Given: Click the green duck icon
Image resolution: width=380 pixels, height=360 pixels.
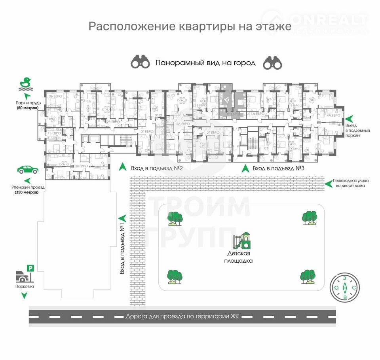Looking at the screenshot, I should [x=25, y=82].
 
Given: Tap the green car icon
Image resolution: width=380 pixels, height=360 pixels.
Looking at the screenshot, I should [x=28, y=170].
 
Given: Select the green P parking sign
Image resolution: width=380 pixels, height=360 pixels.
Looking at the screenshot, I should [x=31, y=268].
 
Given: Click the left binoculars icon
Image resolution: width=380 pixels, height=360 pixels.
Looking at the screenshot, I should [x=141, y=62].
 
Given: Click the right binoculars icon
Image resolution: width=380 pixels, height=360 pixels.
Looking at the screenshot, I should [x=272, y=62].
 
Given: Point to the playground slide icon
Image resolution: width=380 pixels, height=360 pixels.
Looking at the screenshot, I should [x=242, y=241].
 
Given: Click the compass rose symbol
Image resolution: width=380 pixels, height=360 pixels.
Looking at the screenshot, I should [x=345, y=288].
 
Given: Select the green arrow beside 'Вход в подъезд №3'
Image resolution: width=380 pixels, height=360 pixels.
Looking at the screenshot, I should [x=245, y=168].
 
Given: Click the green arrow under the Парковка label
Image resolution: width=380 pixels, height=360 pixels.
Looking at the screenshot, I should [x=25, y=295].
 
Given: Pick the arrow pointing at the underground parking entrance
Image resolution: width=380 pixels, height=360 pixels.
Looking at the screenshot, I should [x=349, y=118].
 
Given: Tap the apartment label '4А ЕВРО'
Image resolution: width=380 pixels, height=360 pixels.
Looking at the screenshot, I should [x=334, y=115].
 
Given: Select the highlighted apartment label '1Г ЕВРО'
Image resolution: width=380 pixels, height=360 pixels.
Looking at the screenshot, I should [x=233, y=114].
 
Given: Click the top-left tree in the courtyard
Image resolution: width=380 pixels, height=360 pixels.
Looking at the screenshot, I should [x=175, y=218].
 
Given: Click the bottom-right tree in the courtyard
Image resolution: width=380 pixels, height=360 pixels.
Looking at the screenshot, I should [x=308, y=276].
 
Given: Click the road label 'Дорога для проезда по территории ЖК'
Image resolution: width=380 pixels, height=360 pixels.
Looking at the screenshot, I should [x=183, y=316].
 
